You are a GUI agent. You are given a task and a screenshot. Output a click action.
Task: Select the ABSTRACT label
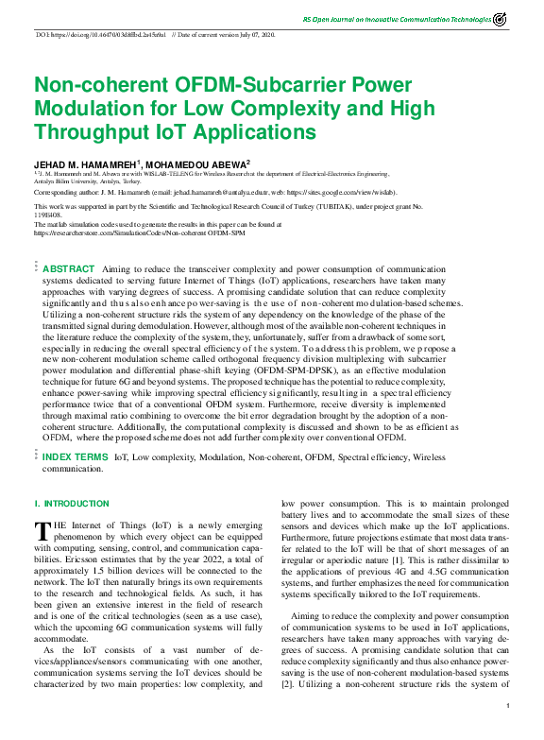point(69,269)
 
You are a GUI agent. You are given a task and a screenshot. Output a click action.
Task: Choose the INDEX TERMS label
point(76,456)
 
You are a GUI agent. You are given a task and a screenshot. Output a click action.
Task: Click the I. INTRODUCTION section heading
point(72,505)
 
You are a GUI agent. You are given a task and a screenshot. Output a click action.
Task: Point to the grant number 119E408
point(48,213)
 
